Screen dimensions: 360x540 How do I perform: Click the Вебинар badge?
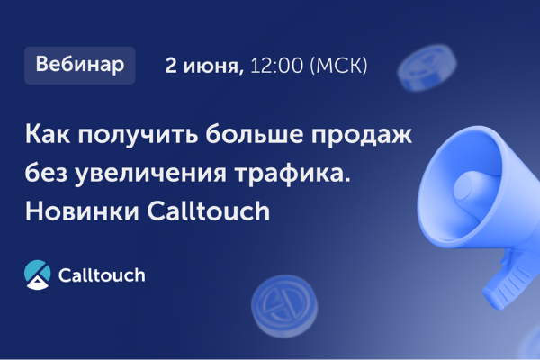click(80, 66)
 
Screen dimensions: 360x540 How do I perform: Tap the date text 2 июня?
click(204, 67)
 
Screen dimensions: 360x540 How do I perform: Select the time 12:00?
click(276, 67)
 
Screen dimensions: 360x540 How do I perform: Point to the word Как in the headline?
click(49, 138)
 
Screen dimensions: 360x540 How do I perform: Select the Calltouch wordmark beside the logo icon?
click(101, 274)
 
